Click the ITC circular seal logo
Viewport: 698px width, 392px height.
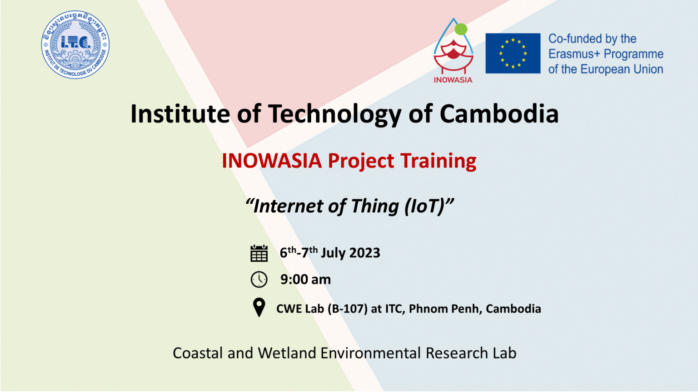pos(75,45)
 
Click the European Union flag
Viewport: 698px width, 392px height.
pos(513,53)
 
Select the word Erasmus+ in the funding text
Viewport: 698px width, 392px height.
pos(574,54)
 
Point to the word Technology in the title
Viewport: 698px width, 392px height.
pos(334,114)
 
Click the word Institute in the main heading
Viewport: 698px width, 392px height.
pos(180,114)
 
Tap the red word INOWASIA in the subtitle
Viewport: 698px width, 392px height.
pos(272,161)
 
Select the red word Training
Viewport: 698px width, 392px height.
pos(438,161)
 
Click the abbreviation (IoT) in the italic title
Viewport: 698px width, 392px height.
pos(426,206)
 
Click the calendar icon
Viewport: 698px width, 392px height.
pos(259,253)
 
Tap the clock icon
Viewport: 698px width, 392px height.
pos(259,279)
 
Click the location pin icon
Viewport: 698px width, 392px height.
pos(259,307)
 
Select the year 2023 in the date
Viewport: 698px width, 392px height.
pos(364,253)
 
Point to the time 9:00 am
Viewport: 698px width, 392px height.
pos(305,279)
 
